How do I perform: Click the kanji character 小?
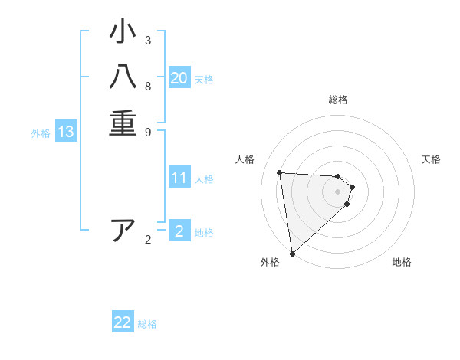click(123, 34)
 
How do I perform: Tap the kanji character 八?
click(123, 79)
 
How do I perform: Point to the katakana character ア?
click(123, 231)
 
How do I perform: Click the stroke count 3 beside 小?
click(148, 40)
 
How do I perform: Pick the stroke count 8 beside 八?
click(148, 86)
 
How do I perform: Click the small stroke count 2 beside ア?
click(148, 240)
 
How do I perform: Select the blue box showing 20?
click(179, 78)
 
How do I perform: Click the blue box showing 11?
click(179, 178)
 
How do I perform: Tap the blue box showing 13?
click(66, 132)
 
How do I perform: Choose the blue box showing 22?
click(123, 322)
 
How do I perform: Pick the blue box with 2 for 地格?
click(179, 231)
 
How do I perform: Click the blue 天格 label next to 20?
click(204, 80)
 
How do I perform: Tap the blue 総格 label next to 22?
click(147, 324)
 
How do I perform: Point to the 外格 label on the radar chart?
click(270, 263)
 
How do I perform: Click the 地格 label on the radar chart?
click(402, 263)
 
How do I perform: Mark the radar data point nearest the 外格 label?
click(292, 254)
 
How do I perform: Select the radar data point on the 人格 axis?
click(280, 172)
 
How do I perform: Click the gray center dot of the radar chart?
click(338, 191)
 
